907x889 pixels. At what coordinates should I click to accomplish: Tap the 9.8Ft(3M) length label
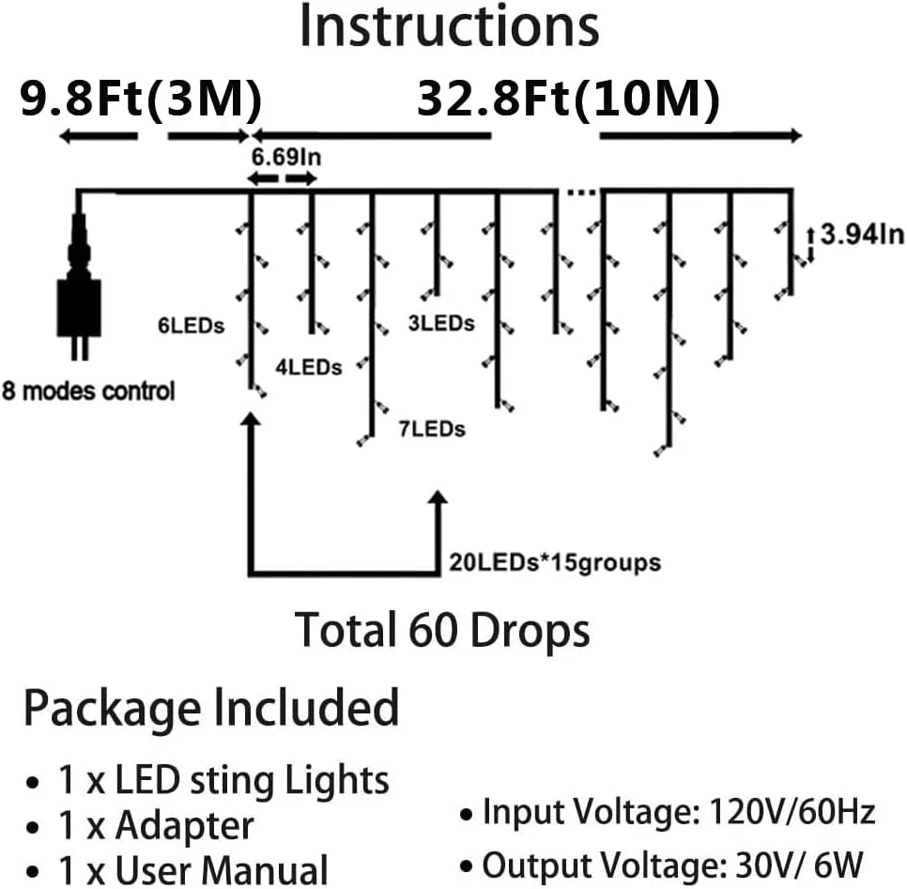141,99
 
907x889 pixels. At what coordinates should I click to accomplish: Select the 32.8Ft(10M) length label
569,99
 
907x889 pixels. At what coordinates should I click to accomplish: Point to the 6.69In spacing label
285,157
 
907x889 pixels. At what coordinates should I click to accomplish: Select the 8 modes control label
88,391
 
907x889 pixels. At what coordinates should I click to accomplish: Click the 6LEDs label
191,327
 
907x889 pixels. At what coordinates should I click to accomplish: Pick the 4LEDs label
308,366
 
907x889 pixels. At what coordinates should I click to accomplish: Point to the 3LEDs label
440,323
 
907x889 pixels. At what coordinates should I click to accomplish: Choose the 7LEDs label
432,430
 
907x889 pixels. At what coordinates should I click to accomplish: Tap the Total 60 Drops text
443,631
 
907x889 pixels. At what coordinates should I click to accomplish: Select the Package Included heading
211,707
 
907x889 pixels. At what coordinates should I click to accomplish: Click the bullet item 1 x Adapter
183,826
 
